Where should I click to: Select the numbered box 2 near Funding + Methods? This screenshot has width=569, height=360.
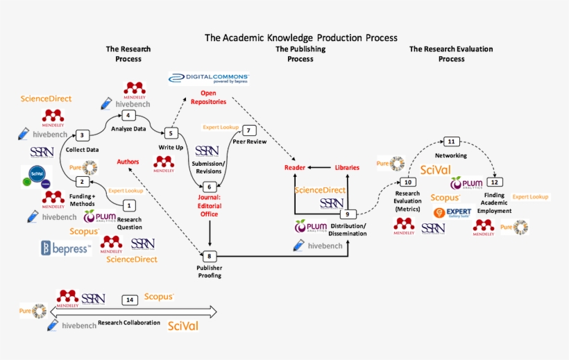coord(82,182)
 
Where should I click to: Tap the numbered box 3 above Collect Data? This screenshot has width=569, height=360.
coord(82,135)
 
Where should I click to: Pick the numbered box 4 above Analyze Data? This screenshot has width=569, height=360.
coord(128,115)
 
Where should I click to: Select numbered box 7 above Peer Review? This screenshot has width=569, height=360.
coord(248,130)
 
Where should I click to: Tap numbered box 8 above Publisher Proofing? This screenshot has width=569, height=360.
coord(210,256)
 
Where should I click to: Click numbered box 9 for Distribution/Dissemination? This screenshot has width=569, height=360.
coord(347,214)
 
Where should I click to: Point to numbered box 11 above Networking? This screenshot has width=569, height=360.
coord(451,142)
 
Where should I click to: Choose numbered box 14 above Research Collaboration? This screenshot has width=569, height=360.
coord(129,300)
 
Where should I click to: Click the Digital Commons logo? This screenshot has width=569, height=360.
coord(209,78)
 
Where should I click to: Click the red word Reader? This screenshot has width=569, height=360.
coord(296,168)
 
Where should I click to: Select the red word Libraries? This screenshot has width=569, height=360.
coord(347,168)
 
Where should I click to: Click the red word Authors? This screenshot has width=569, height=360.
coord(128,162)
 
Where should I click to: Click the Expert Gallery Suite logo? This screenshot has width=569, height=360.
coord(452,212)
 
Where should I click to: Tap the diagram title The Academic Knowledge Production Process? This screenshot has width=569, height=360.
coord(300,37)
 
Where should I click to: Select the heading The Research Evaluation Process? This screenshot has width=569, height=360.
coord(451,54)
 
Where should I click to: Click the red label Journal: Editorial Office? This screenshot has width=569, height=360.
coord(210,205)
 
